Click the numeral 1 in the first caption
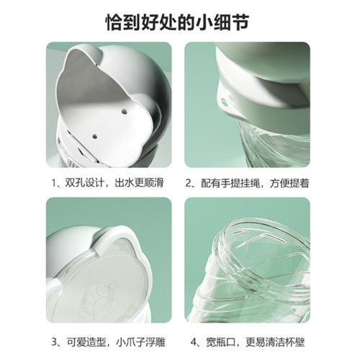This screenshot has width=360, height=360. click(54, 183)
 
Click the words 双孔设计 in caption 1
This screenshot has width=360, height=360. click(86, 183)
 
